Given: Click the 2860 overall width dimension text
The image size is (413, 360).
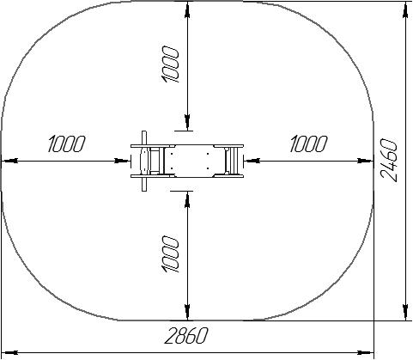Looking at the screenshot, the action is pyautogui.click(x=186, y=335).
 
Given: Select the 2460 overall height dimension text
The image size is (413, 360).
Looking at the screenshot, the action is pyautogui.click(x=389, y=160).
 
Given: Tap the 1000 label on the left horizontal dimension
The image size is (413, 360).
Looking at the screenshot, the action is pyautogui.click(x=67, y=143).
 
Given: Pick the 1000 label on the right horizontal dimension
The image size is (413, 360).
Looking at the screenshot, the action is pyautogui.click(x=308, y=143).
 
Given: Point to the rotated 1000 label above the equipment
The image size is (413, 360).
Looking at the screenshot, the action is pyautogui.click(x=170, y=65).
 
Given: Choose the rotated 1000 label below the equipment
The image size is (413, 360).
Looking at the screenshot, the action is pyautogui.click(x=170, y=254).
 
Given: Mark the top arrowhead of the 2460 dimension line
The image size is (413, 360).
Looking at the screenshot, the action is pyautogui.click(x=405, y=10).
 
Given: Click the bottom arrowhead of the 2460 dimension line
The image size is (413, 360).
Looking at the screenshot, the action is pyautogui.click(x=405, y=312).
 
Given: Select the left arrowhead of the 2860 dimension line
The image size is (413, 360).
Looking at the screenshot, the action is pyautogui.click(x=10, y=352).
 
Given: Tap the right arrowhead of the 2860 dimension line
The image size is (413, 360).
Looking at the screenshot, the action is pyautogui.click(x=365, y=352).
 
